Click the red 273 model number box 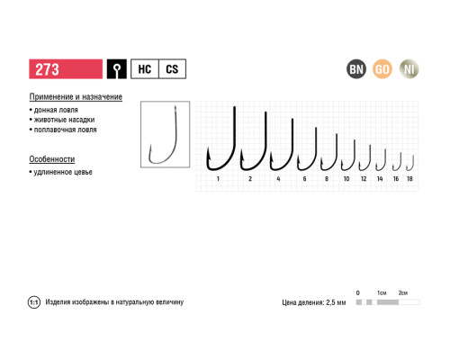coord(66,69)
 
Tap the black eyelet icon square coord(117,69)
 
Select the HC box coord(145,69)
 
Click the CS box coord(172,69)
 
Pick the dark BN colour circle coord(356,69)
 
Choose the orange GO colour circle coord(382,69)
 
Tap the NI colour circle coord(409,69)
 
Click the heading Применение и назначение coord(76,97)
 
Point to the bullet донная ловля coord(54,110)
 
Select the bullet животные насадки coord(62,120)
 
